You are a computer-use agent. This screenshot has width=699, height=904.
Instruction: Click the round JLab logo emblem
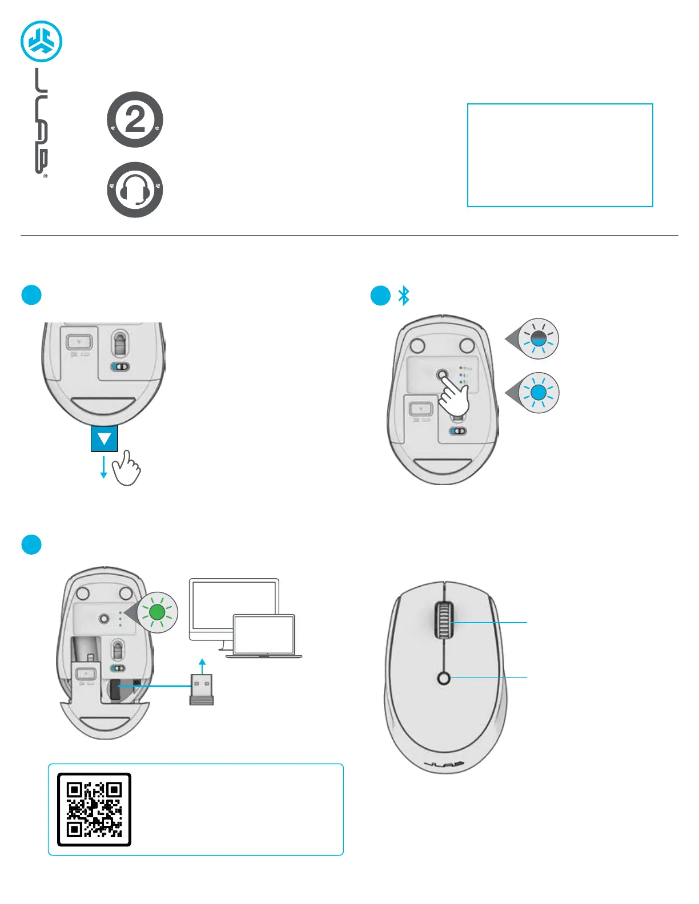coord(41,41)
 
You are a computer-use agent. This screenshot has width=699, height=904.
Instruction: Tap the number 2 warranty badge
coord(135,120)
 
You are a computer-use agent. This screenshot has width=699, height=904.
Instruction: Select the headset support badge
coord(135,189)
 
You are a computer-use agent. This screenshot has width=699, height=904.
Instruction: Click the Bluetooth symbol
coord(404,295)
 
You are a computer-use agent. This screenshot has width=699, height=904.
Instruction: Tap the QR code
coord(94,809)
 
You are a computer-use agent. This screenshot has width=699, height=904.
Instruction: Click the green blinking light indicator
coord(157,612)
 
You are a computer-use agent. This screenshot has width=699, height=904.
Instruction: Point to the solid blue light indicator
coord(539,393)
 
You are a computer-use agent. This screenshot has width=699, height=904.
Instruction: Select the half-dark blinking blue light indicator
coord(539,338)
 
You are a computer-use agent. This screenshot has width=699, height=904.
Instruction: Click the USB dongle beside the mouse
coord(202,689)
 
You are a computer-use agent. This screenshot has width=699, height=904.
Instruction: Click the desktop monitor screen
coord(228,605)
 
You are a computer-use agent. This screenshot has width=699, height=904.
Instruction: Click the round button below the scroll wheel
coord(444,678)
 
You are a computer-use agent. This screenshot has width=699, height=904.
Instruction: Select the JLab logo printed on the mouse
coord(444,764)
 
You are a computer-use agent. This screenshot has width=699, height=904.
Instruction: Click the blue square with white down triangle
coord(105,438)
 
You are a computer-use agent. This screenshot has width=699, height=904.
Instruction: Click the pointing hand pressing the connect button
coord(455,395)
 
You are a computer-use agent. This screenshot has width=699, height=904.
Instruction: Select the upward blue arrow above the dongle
coord(202,664)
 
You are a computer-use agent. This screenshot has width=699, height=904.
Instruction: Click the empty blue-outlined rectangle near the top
coord(560,155)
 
